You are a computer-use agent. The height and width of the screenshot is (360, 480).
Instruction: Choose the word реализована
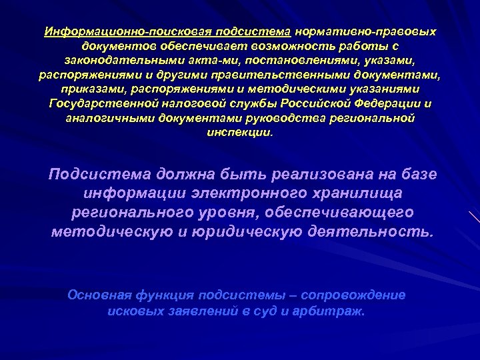(319, 174)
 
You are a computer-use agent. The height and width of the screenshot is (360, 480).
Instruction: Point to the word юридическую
(241, 231)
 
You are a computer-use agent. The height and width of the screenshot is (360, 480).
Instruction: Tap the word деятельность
(369, 231)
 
